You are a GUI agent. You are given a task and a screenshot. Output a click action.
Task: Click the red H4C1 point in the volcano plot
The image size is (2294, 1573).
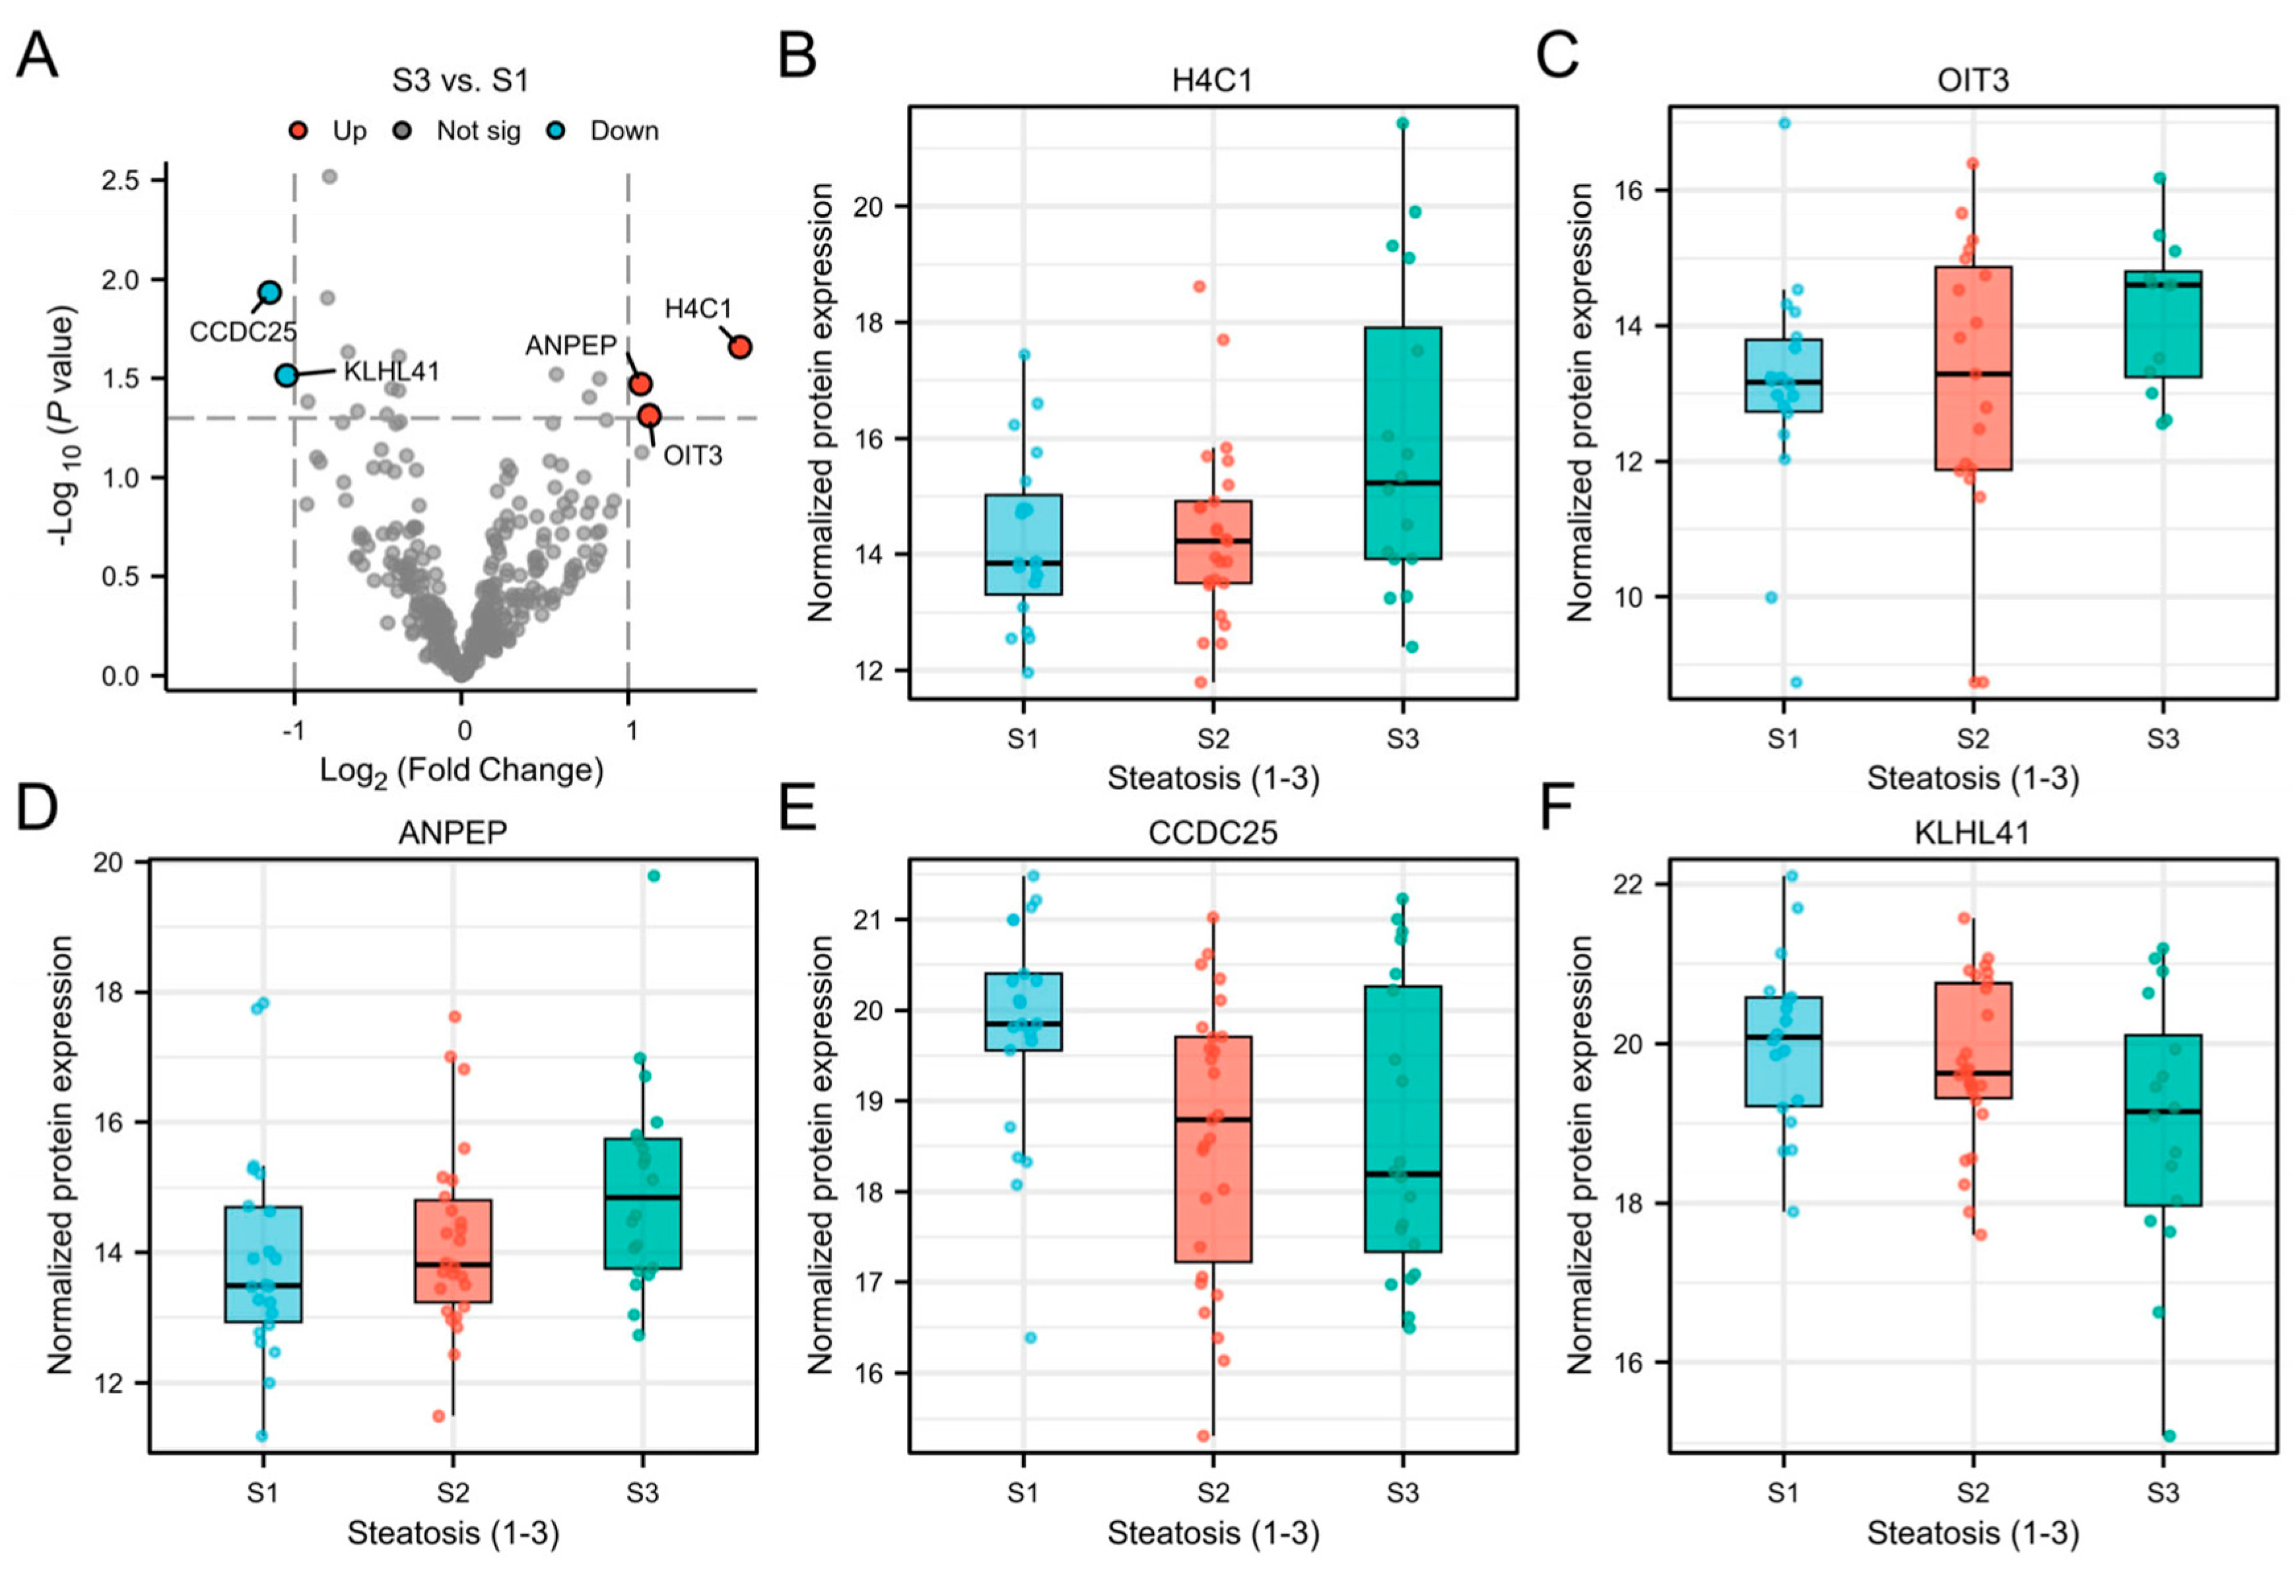tap(739, 347)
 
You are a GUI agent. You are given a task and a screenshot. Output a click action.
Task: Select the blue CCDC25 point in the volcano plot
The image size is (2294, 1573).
tap(269, 292)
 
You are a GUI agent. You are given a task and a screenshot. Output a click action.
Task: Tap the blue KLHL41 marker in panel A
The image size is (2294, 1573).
tap(287, 375)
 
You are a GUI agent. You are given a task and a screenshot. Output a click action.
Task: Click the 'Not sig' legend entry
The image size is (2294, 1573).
tap(478, 131)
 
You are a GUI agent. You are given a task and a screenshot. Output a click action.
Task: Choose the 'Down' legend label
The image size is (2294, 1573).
tap(624, 131)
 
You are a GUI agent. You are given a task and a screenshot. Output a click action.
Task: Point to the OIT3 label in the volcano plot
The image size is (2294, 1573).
tap(693, 455)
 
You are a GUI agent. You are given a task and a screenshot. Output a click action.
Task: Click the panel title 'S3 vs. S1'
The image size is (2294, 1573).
tap(460, 80)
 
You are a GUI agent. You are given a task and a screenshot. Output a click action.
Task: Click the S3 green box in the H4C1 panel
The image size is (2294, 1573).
tap(1403, 443)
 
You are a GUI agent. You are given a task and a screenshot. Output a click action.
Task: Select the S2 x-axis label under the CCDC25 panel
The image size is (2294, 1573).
tap(1213, 1491)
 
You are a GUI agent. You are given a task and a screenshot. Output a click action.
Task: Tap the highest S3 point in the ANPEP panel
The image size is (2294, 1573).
tap(654, 875)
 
